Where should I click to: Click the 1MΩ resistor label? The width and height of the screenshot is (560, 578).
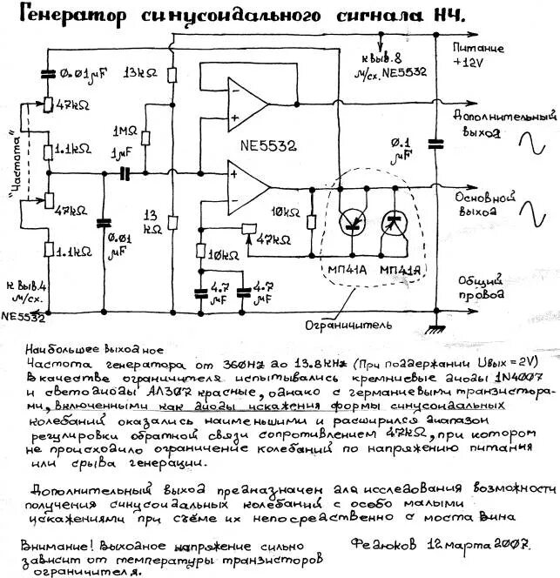pyautogui.click(x=125, y=132)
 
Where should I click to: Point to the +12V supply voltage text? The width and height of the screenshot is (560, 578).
pyautogui.click(x=472, y=64)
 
